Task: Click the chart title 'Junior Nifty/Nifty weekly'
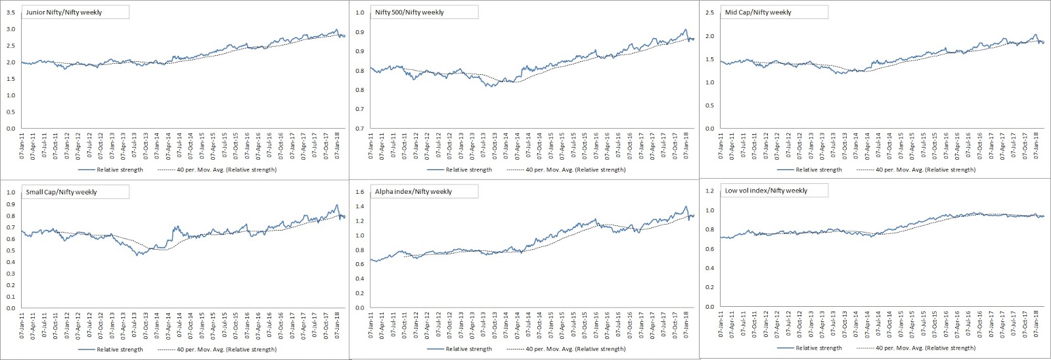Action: pyautogui.click(x=64, y=12)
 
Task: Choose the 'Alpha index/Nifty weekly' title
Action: pyautogui.click(x=413, y=192)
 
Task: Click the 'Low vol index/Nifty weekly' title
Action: pyautogui.click(x=766, y=191)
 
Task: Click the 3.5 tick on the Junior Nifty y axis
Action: pyautogui.click(x=11, y=13)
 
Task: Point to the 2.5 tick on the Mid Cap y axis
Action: pyautogui.click(x=710, y=13)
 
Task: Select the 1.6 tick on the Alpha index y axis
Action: pyautogui.click(x=359, y=192)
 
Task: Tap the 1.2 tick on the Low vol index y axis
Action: pyautogui.click(x=709, y=191)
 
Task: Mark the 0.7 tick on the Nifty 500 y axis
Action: pyautogui.click(x=359, y=128)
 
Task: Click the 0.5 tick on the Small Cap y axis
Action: pyautogui.click(x=11, y=251)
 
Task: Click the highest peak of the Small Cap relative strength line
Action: pyautogui.click(x=336, y=206)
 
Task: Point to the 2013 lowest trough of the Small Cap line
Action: pyautogui.click(x=138, y=254)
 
